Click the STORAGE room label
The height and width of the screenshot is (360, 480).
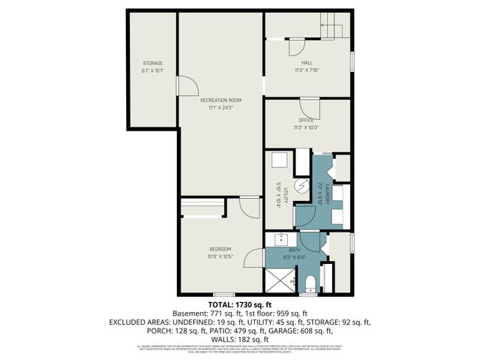pyautogui.click(x=153, y=63)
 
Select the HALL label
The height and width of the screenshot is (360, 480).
pyautogui.click(x=307, y=63)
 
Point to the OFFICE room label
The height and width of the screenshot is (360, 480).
pyautogui.click(x=306, y=120)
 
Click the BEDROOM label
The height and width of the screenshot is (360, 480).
pyautogui.click(x=220, y=249)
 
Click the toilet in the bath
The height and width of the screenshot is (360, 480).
pyautogui.click(x=310, y=283)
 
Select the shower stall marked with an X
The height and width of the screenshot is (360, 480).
pyautogui.click(x=279, y=281)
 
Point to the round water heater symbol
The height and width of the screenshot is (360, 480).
pyautogui.click(x=301, y=185)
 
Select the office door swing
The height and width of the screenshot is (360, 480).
pyautogui.click(x=311, y=109)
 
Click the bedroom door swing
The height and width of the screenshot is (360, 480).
pyautogui.click(x=250, y=208)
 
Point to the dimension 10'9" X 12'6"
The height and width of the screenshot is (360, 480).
pyautogui.click(x=220, y=256)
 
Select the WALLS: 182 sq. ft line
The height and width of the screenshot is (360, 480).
pyautogui.click(x=239, y=339)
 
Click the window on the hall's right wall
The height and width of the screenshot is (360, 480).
pyautogui.click(x=352, y=60)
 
